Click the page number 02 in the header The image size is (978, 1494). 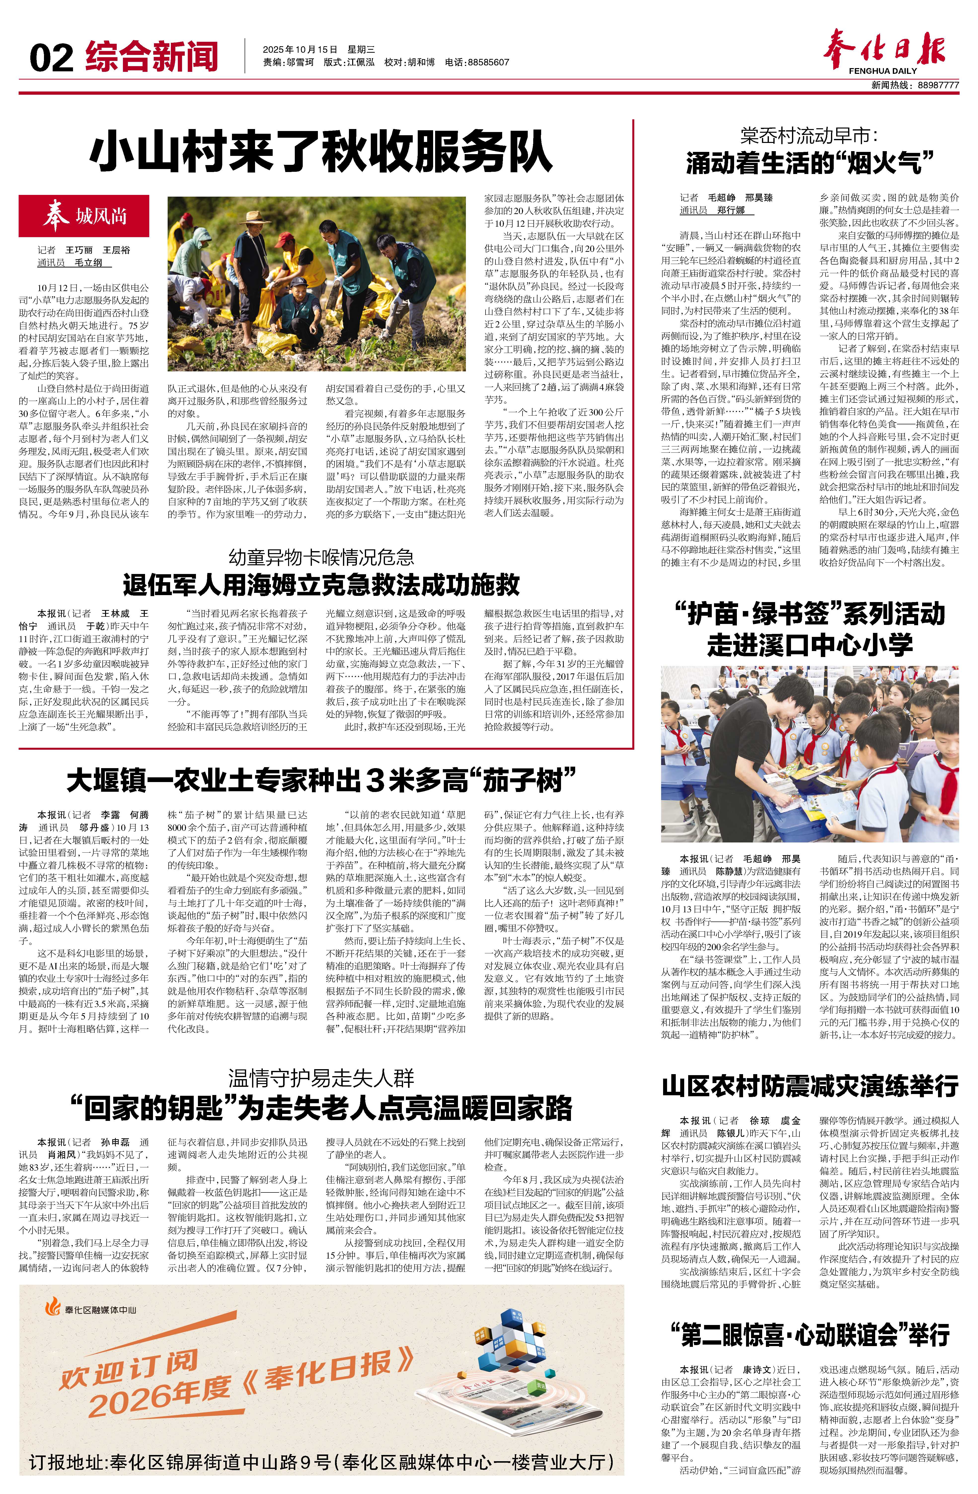[x=51, y=58]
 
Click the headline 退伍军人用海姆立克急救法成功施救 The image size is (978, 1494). [x=321, y=584]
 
